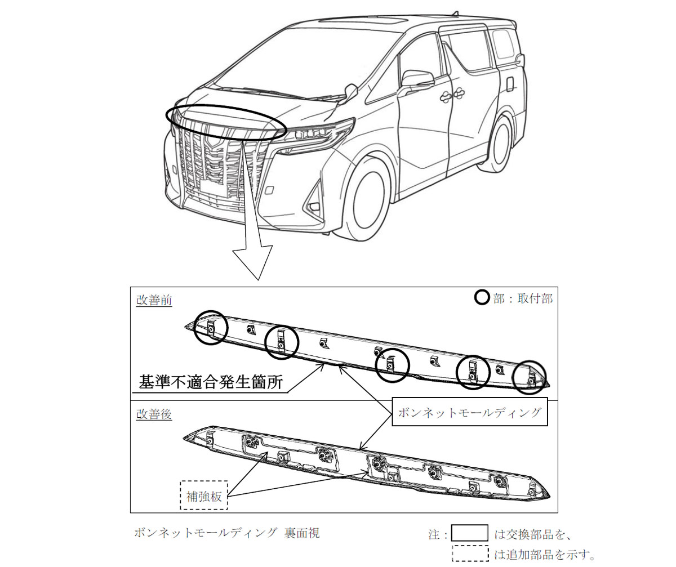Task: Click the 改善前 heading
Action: [x=154, y=300]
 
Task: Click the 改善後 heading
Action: [x=154, y=414]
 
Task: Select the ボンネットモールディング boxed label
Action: [x=469, y=412]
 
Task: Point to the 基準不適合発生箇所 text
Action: [x=211, y=382]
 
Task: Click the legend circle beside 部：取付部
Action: [x=482, y=298]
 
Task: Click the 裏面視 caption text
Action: [x=302, y=532]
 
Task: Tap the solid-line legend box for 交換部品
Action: [x=469, y=533]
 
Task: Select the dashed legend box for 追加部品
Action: [x=470, y=553]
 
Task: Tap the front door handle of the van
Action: [x=446, y=96]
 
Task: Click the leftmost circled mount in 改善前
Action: [x=211, y=328]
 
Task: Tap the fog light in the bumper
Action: [x=313, y=207]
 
